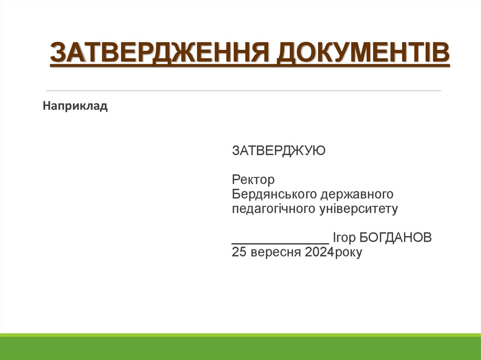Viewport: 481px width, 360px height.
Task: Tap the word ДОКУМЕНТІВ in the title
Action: click(x=362, y=53)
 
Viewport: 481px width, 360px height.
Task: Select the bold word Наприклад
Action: click(x=76, y=107)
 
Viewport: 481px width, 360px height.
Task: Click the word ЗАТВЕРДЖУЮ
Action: click(x=279, y=151)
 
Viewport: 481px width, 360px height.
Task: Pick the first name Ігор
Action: click(x=344, y=238)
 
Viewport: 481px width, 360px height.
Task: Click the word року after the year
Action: click(x=348, y=253)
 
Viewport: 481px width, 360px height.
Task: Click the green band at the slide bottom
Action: click(x=240, y=347)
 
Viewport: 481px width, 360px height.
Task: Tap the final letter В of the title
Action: click(x=442, y=53)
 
